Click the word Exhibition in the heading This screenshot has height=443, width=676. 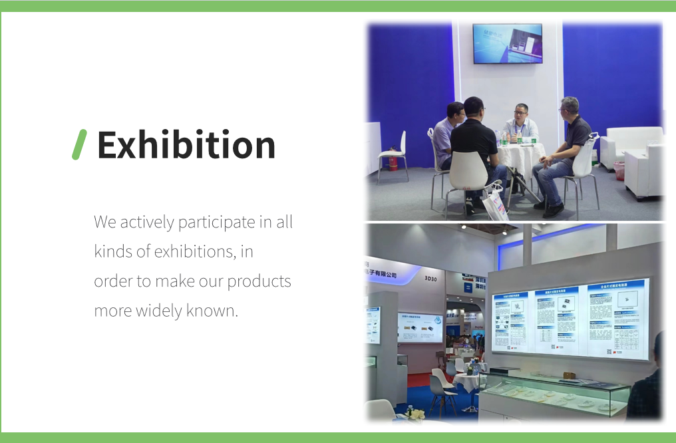(186, 145)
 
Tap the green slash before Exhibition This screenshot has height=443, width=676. (79, 145)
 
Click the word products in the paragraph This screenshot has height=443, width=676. (259, 281)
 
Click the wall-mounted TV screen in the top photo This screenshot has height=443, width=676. (507, 44)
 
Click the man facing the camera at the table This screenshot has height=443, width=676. (520, 124)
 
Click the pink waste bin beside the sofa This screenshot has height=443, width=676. (619, 170)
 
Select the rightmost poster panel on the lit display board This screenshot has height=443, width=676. (616, 319)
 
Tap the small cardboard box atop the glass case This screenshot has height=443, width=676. (570, 376)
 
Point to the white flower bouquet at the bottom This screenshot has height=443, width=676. (415, 414)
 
